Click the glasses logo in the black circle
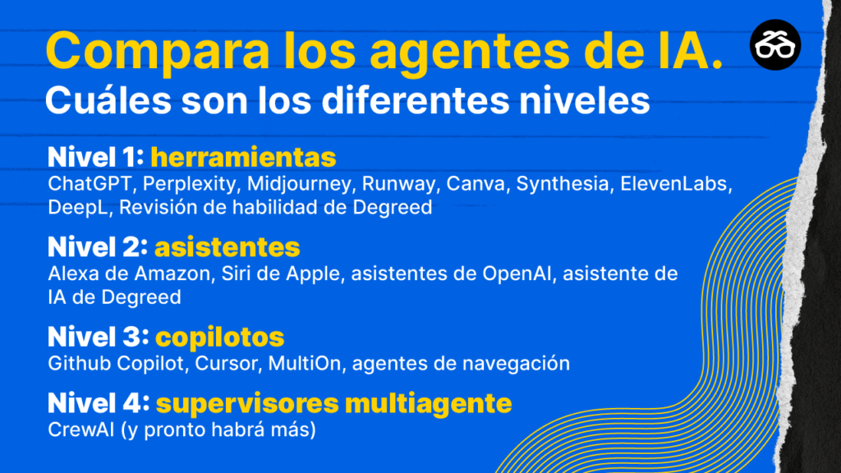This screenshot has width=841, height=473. (775, 45)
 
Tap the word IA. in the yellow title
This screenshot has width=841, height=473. (690, 50)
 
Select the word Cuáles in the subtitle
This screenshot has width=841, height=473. (108, 100)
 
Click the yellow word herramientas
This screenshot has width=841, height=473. (243, 157)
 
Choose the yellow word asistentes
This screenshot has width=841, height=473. (227, 247)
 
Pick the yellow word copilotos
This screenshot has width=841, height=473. (219, 338)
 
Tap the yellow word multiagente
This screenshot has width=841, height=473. (428, 403)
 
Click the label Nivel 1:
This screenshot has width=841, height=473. (96, 157)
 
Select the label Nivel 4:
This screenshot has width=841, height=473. (99, 403)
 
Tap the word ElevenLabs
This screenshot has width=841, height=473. (676, 184)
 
